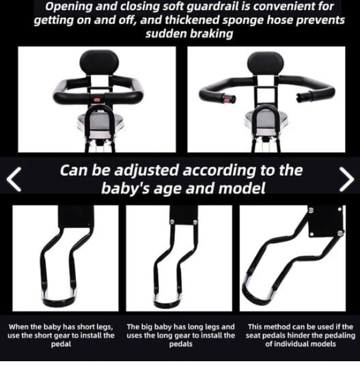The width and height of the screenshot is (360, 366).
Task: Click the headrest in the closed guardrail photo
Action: point(99,63)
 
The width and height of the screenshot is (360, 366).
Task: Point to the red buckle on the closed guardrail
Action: point(97,100)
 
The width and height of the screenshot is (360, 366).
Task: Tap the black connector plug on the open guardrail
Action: point(304,96)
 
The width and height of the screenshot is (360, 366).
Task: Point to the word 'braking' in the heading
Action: point(211,33)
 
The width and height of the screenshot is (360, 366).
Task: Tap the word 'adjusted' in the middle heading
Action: point(146,170)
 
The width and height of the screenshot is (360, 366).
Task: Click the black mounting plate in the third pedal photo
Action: point(326,221)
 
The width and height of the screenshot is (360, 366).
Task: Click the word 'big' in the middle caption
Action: point(145,327)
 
